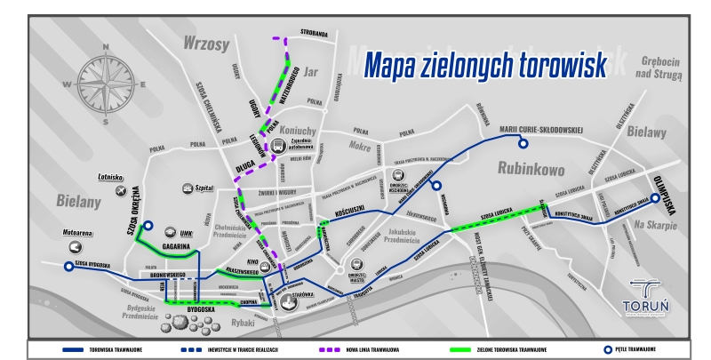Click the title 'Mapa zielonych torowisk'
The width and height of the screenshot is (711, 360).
pos(485,64)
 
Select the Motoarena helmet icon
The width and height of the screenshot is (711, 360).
pos(76,248)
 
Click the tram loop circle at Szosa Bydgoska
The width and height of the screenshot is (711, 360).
pos(68,265)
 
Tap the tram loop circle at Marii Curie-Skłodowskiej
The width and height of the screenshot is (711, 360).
pos(523,144)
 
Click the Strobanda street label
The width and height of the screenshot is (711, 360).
pos(314,35)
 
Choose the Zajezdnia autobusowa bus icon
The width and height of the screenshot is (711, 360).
pos(278,148)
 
